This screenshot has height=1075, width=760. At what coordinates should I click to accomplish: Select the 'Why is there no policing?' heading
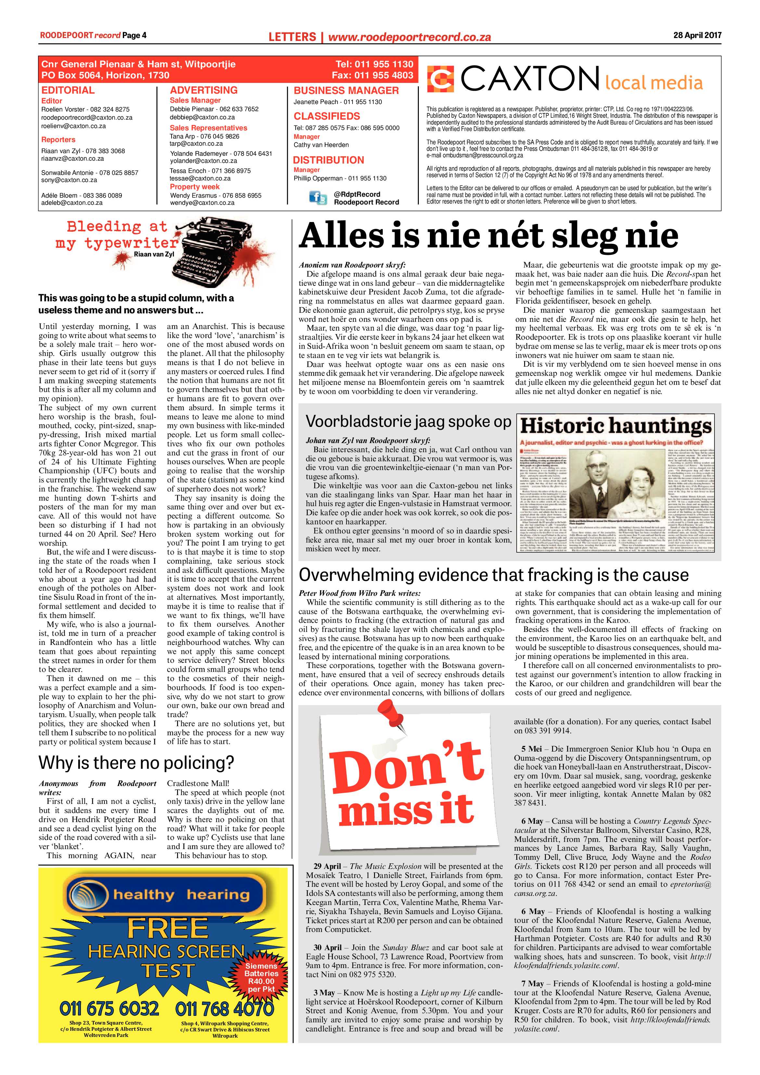(136, 763)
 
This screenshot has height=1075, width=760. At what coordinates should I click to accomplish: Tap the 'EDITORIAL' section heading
(68, 90)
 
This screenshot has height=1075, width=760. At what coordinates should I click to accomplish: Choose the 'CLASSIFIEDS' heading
(327, 116)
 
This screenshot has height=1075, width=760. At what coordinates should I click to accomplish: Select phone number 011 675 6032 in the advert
(109, 1008)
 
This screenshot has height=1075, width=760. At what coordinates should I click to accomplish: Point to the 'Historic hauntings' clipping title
(616, 426)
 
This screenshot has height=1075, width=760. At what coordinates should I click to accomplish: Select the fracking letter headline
(494, 575)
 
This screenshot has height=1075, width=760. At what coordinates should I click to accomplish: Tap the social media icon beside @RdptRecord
(318, 198)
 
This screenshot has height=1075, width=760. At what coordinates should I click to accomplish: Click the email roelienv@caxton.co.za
(73, 126)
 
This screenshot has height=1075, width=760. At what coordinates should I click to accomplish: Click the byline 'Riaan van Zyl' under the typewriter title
(154, 254)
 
